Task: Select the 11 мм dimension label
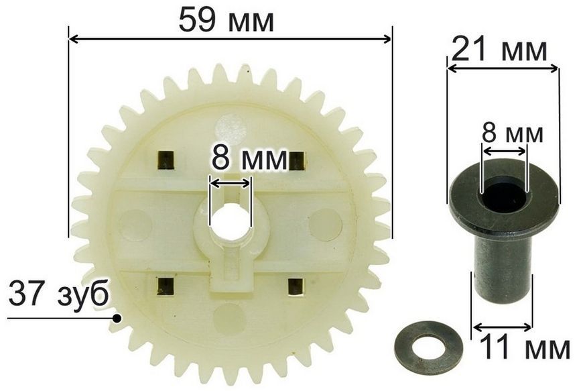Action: pos(524,348)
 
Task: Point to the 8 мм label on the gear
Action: pos(249,159)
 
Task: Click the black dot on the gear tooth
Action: pos(117,319)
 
